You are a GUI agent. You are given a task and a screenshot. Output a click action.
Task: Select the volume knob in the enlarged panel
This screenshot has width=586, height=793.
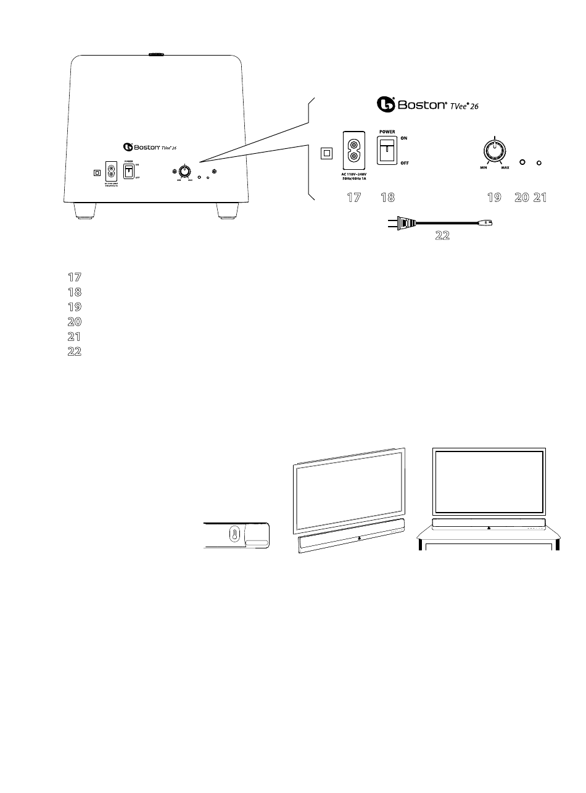point(493,150)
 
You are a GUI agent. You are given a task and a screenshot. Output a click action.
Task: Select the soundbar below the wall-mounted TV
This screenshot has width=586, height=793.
point(352,536)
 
